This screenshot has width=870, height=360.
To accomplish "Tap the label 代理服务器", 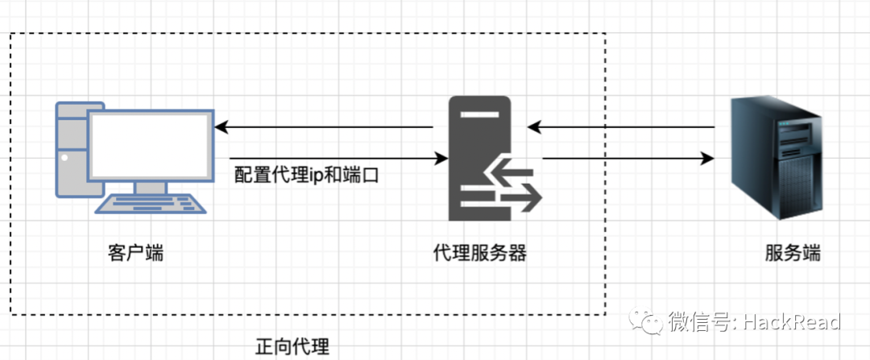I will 480,253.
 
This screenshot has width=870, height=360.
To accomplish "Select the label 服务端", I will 793,253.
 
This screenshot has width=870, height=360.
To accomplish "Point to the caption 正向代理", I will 292,347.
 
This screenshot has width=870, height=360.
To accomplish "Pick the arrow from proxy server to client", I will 322,127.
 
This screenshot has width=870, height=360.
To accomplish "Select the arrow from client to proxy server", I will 338,159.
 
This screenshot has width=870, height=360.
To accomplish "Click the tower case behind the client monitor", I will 70,149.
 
